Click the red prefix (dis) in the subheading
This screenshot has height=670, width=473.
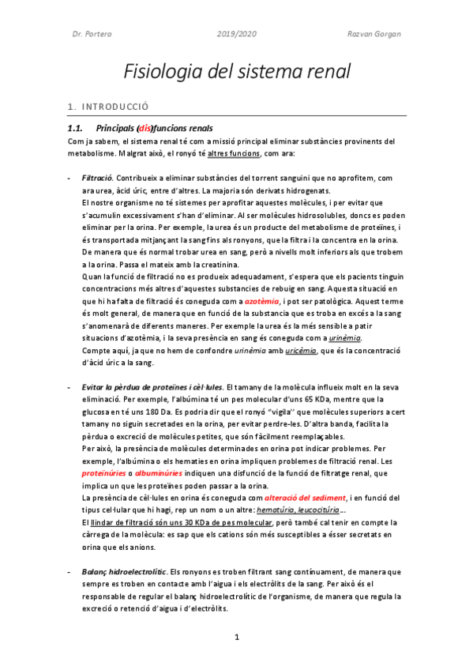[145, 128]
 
